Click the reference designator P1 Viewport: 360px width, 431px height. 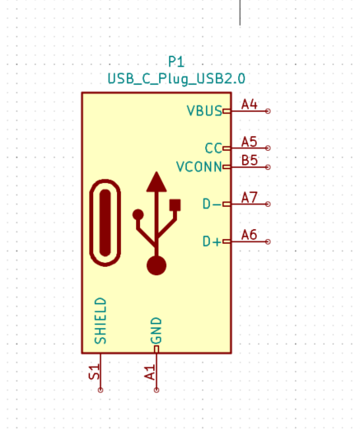[x=176, y=61]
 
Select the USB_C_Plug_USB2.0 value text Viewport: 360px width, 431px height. [x=176, y=79]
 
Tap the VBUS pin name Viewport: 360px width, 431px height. [x=204, y=110]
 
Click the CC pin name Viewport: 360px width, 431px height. [x=213, y=148]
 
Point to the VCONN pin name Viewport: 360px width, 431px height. [x=199, y=166]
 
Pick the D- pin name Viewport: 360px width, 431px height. [x=212, y=204]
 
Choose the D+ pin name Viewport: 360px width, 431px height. [x=212, y=241]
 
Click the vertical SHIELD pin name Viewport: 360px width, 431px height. [x=101, y=321]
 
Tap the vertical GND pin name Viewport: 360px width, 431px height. [x=156, y=330]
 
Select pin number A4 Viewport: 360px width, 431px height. [x=250, y=105]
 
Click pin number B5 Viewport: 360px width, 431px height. [x=250, y=160]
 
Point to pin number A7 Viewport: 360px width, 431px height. [x=250, y=198]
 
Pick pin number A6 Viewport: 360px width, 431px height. [x=250, y=235]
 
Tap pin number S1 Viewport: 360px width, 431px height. [x=94, y=372]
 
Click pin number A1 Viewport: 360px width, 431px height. [x=150, y=372]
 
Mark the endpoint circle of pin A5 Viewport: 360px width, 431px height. [x=268, y=148]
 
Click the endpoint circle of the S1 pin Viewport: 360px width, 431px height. [x=101, y=390]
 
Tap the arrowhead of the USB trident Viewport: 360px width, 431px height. [x=157, y=181]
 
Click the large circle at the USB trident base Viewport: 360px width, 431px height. [x=157, y=265]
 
